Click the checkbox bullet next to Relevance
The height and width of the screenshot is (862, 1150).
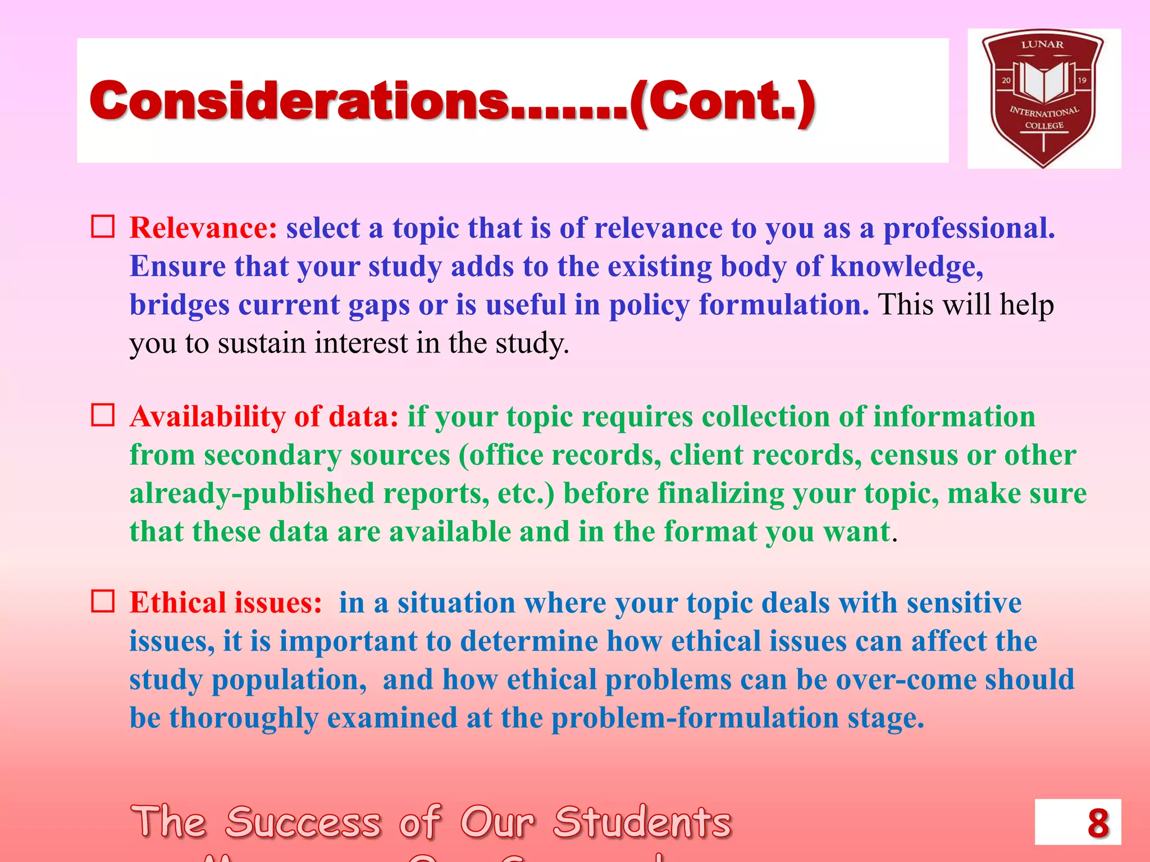coord(103,227)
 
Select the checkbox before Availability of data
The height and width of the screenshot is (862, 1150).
coord(103,415)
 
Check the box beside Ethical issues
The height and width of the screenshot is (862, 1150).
coord(103,601)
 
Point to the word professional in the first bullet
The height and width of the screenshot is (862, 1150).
coord(969,229)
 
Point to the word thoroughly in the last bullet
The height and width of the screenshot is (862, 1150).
coord(244,718)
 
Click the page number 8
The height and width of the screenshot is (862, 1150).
coord(1098,823)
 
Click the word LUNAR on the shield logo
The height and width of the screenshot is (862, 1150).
coord(1042,44)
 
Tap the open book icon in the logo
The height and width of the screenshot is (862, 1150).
coord(1043,81)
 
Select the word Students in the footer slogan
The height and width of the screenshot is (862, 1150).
coord(642,823)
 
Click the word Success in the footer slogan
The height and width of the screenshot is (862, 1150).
coord(303,823)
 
